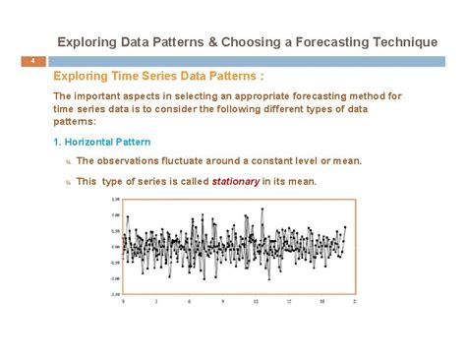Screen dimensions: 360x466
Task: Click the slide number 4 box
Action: [x=32, y=62]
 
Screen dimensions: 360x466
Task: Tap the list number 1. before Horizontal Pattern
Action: [x=59, y=143]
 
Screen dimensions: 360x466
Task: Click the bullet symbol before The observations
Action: [x=68, y=161]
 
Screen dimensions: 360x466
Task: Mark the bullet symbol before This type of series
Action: [x=68, y=182]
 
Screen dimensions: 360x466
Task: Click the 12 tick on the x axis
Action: [x=257, y=303]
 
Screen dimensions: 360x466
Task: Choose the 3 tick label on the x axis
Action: [x=155, y=303]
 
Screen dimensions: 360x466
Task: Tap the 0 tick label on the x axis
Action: [x=123, y=303]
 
